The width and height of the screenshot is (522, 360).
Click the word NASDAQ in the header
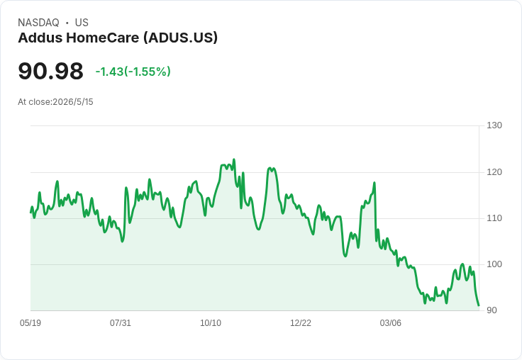(x=38, y=23)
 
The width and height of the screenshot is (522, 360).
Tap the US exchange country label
(x=82, y=23)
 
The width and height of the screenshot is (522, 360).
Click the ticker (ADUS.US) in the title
(x=180, y=38)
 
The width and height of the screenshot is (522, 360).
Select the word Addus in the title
(x=40, y=38)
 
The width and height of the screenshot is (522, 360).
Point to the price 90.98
(x=50, y=71)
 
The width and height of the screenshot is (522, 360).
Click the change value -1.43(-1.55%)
(x=133, y=72)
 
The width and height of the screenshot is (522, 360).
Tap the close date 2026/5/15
(x=73, y=102)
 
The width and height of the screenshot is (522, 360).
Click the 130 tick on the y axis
(x=494, y=125)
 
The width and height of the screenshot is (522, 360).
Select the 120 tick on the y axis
(x=494, y=172)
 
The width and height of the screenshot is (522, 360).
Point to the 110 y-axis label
(x=494, y=218)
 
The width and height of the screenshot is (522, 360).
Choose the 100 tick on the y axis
(x=494, y=264)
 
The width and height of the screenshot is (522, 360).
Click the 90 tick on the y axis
(x=492, y=310)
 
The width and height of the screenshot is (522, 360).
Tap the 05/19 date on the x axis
(x=30, y=323)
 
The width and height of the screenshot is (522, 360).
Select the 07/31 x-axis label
(x=121, y=323)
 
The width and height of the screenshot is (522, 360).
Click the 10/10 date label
(x=211, y=323)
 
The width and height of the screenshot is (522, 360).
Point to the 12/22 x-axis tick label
(x=301, y=323)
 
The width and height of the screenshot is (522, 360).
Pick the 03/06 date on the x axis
(x=391, y=323)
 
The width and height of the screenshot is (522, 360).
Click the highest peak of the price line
(x=234, y=159)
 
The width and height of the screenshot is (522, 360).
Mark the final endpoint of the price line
(x=479, y=305)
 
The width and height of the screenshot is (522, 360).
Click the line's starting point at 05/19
(x=30, y=213)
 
